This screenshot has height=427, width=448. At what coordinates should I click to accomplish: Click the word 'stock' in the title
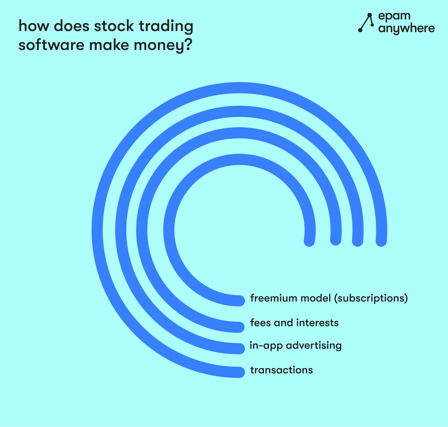tap(114, 26)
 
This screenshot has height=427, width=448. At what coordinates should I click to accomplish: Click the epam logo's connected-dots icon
tap(366, 23)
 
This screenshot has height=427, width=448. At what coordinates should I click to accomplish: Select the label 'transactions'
tap(281, 370)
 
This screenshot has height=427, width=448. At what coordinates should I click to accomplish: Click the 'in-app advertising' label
tap(296, 345)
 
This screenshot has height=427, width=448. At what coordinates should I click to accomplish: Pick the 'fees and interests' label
tap(294, 323)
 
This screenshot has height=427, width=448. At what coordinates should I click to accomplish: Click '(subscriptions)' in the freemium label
tap(371, 299)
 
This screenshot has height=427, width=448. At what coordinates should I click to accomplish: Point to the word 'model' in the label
tap(316, 298)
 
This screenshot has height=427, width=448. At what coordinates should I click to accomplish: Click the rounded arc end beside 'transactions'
tap(240, 372)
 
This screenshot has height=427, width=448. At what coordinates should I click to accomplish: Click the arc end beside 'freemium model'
tap(240, 301)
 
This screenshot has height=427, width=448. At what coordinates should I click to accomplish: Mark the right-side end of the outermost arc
tap(381, 241)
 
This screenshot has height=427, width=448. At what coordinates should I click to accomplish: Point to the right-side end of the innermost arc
tap(309, 241)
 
